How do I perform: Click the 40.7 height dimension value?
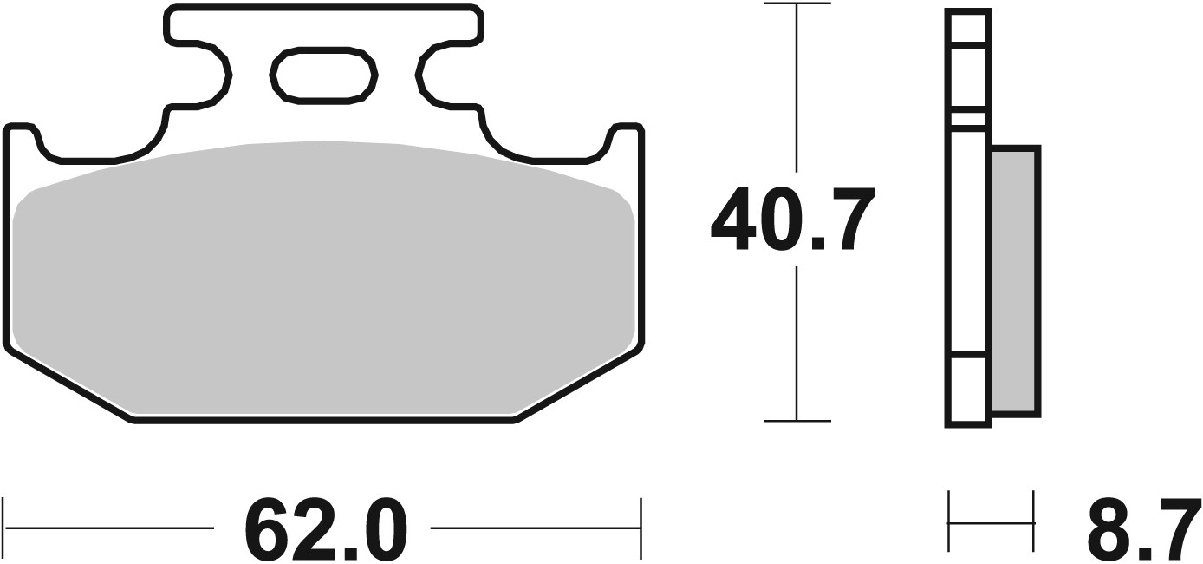coord(790,220)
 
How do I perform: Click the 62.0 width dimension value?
coord(324,528)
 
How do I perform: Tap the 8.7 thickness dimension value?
coord(1144,528)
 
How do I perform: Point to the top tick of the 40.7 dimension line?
coord(797,5)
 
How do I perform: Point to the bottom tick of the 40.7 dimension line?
coord(797,421)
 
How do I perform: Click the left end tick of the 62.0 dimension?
coord(5,526)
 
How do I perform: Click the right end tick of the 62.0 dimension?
coord(641,526)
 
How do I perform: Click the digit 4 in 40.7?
coord(735,220)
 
